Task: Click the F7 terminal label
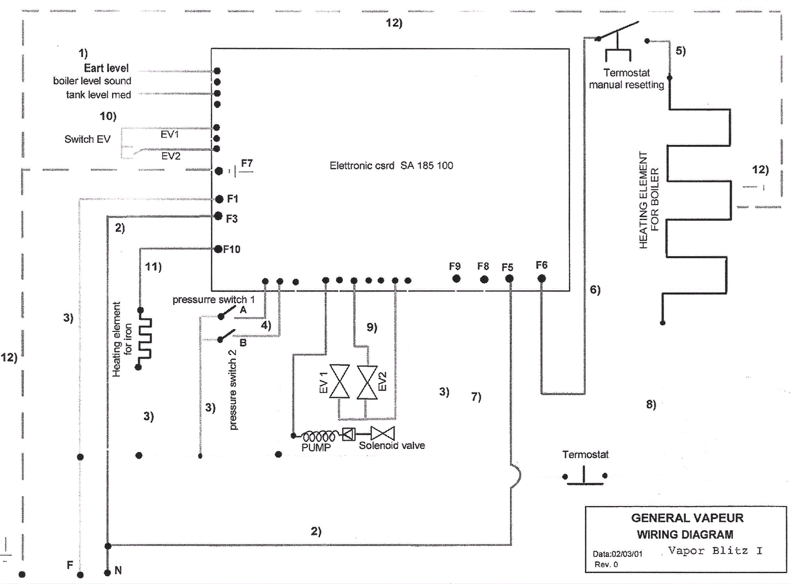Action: click(247, 163)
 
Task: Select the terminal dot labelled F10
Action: click(218, 249)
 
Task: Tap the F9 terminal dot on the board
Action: click(456, 279)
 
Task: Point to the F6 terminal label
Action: click(541, 266)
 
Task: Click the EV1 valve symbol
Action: click(340, 382)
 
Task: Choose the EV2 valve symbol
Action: click(367, 382)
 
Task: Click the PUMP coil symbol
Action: click(319, 437)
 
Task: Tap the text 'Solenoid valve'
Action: click(392, 446)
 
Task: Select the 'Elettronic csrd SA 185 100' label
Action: click(391, 166)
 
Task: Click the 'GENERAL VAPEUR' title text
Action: click(687, 518)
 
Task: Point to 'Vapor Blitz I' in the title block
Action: click(715, 550)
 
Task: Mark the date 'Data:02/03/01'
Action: click(617, 554)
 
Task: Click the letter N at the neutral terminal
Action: click(118, 570)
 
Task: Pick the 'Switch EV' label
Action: click(88, 139)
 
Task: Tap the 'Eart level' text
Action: click(106, 68)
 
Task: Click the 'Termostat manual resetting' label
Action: click(626, 79)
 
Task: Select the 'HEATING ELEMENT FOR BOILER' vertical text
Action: click(649, 200)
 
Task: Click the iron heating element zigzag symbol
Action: click(144, 339)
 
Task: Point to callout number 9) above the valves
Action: click(372, 327)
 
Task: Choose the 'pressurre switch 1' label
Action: click(214, 300)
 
